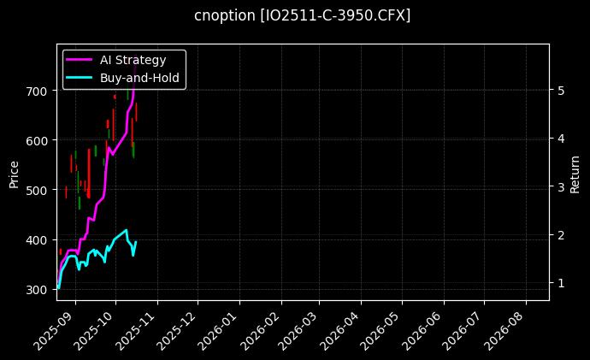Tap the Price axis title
click(x=14, y=174)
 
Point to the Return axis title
click(x=575, y=174)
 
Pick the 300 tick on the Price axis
click(x=40, y=290)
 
